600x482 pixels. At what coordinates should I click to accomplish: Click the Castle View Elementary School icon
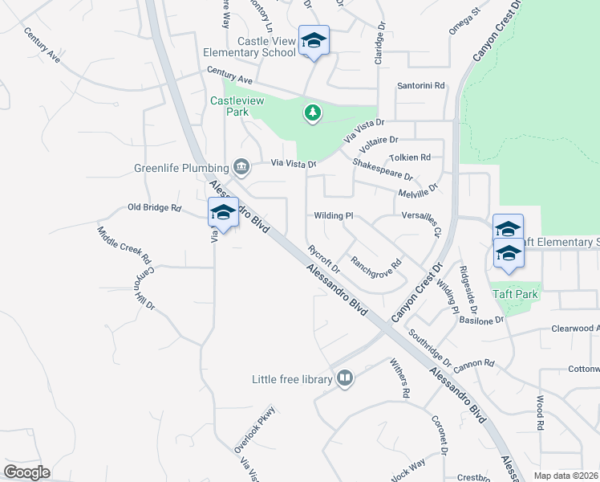pos(314,40)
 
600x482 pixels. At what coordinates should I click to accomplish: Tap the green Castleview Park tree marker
pos(313,114)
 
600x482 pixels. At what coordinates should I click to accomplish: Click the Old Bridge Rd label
pos(155,207)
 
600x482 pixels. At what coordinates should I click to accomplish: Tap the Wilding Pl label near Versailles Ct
pos(334,215)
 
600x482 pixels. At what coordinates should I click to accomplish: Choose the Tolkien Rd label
pos(410,157)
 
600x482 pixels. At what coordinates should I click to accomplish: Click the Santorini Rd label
pos(421,86)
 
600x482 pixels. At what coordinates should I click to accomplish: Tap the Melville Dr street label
pos(419,192)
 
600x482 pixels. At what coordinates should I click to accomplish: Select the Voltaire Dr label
pos(379,145)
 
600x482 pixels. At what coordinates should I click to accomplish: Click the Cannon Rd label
pos(473,364)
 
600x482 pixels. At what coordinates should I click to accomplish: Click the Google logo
pos(26,472)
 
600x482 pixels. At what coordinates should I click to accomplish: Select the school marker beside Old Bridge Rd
pos(222,213)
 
